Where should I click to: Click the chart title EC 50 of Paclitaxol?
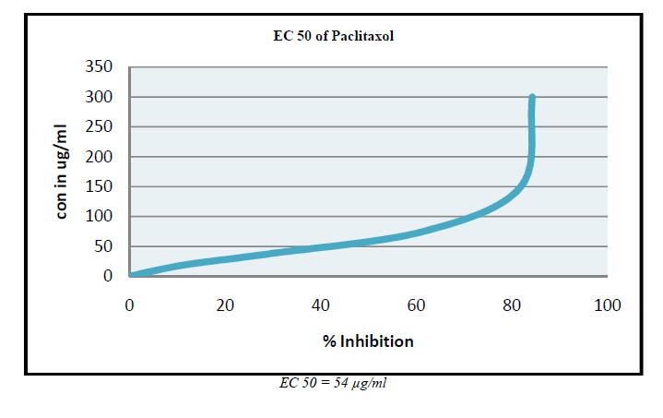330,37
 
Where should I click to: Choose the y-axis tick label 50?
103,246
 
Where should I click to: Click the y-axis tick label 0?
108,277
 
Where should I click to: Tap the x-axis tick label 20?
225,305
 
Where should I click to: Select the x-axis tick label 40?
321,305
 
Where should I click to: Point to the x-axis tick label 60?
416,305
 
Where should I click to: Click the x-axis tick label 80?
512,305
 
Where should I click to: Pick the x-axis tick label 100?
608,305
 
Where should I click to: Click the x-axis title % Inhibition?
368,341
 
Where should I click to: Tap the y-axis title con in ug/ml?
63,173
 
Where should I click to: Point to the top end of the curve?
532,97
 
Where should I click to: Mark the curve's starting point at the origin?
131,276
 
